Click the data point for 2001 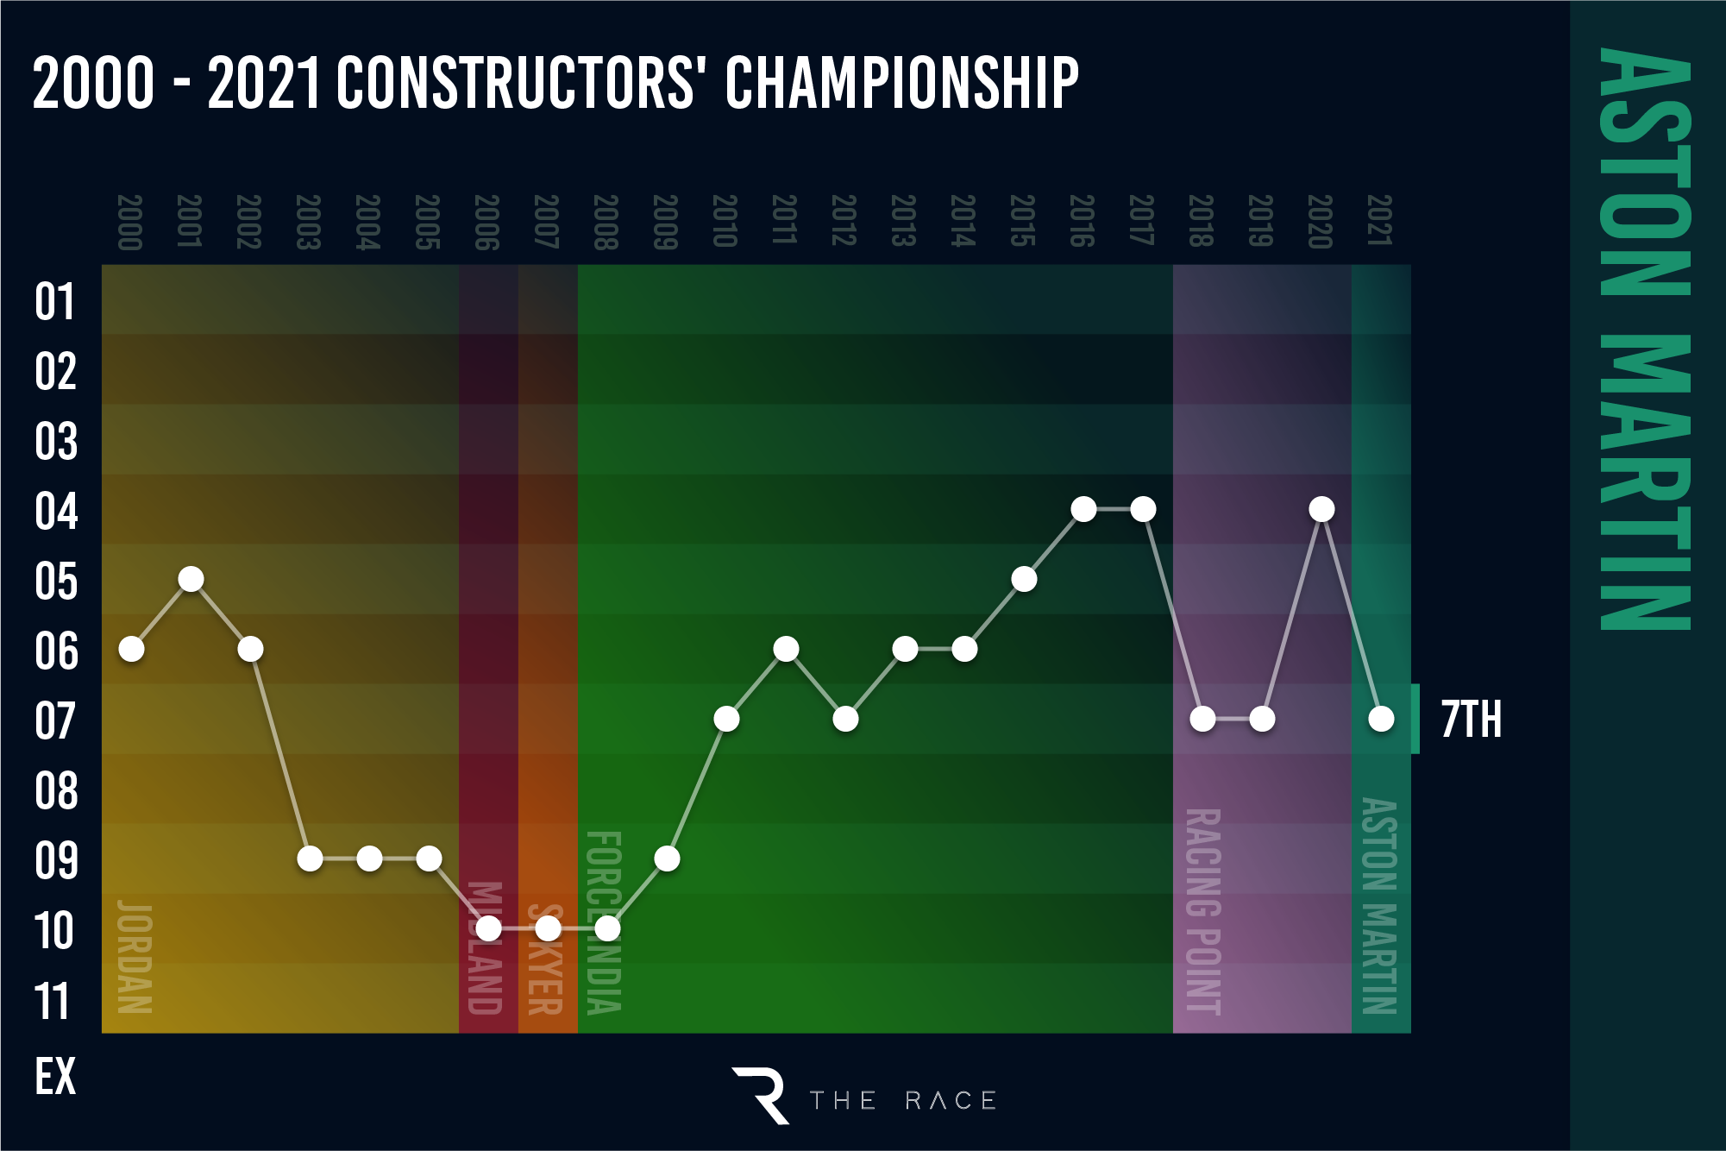[x=191, y=579]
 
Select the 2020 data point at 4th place [x=1321, y=509]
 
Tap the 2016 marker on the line [x=1083, y=509]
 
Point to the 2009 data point [x=667, y=859]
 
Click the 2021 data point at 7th [x=1381, y=719]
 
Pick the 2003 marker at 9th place [x=310, y=859]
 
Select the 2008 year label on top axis [x=606, y=223]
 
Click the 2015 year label [x=1022, y=221]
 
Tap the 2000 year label [x=129, y=223]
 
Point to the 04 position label [x=56, y=512]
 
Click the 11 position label [x=52, y=1002]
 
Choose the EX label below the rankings [x=55, y=1077]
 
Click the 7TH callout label [x=1472, y=720]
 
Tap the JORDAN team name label [x=135, y=957]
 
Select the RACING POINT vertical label [x=1203, y=911]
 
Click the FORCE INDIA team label [x=604, y=922]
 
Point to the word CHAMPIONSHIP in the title [x=901, y=83]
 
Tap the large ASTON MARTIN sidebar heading [x=1644, y=338]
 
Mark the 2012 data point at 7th [x=845, y=719]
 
